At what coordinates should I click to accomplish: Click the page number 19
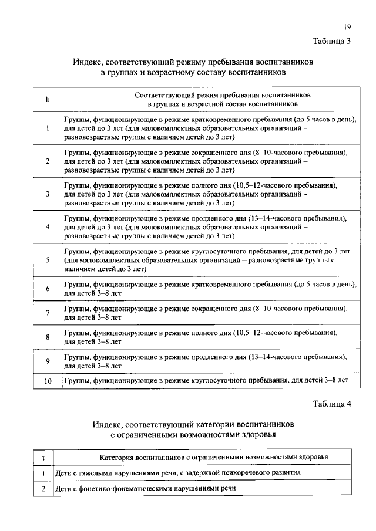[x=348, y=27]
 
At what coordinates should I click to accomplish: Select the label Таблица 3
[x=333, y=41]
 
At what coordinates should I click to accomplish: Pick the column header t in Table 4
[x=43, y=456]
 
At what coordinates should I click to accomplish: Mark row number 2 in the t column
[x=43, y=488]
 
